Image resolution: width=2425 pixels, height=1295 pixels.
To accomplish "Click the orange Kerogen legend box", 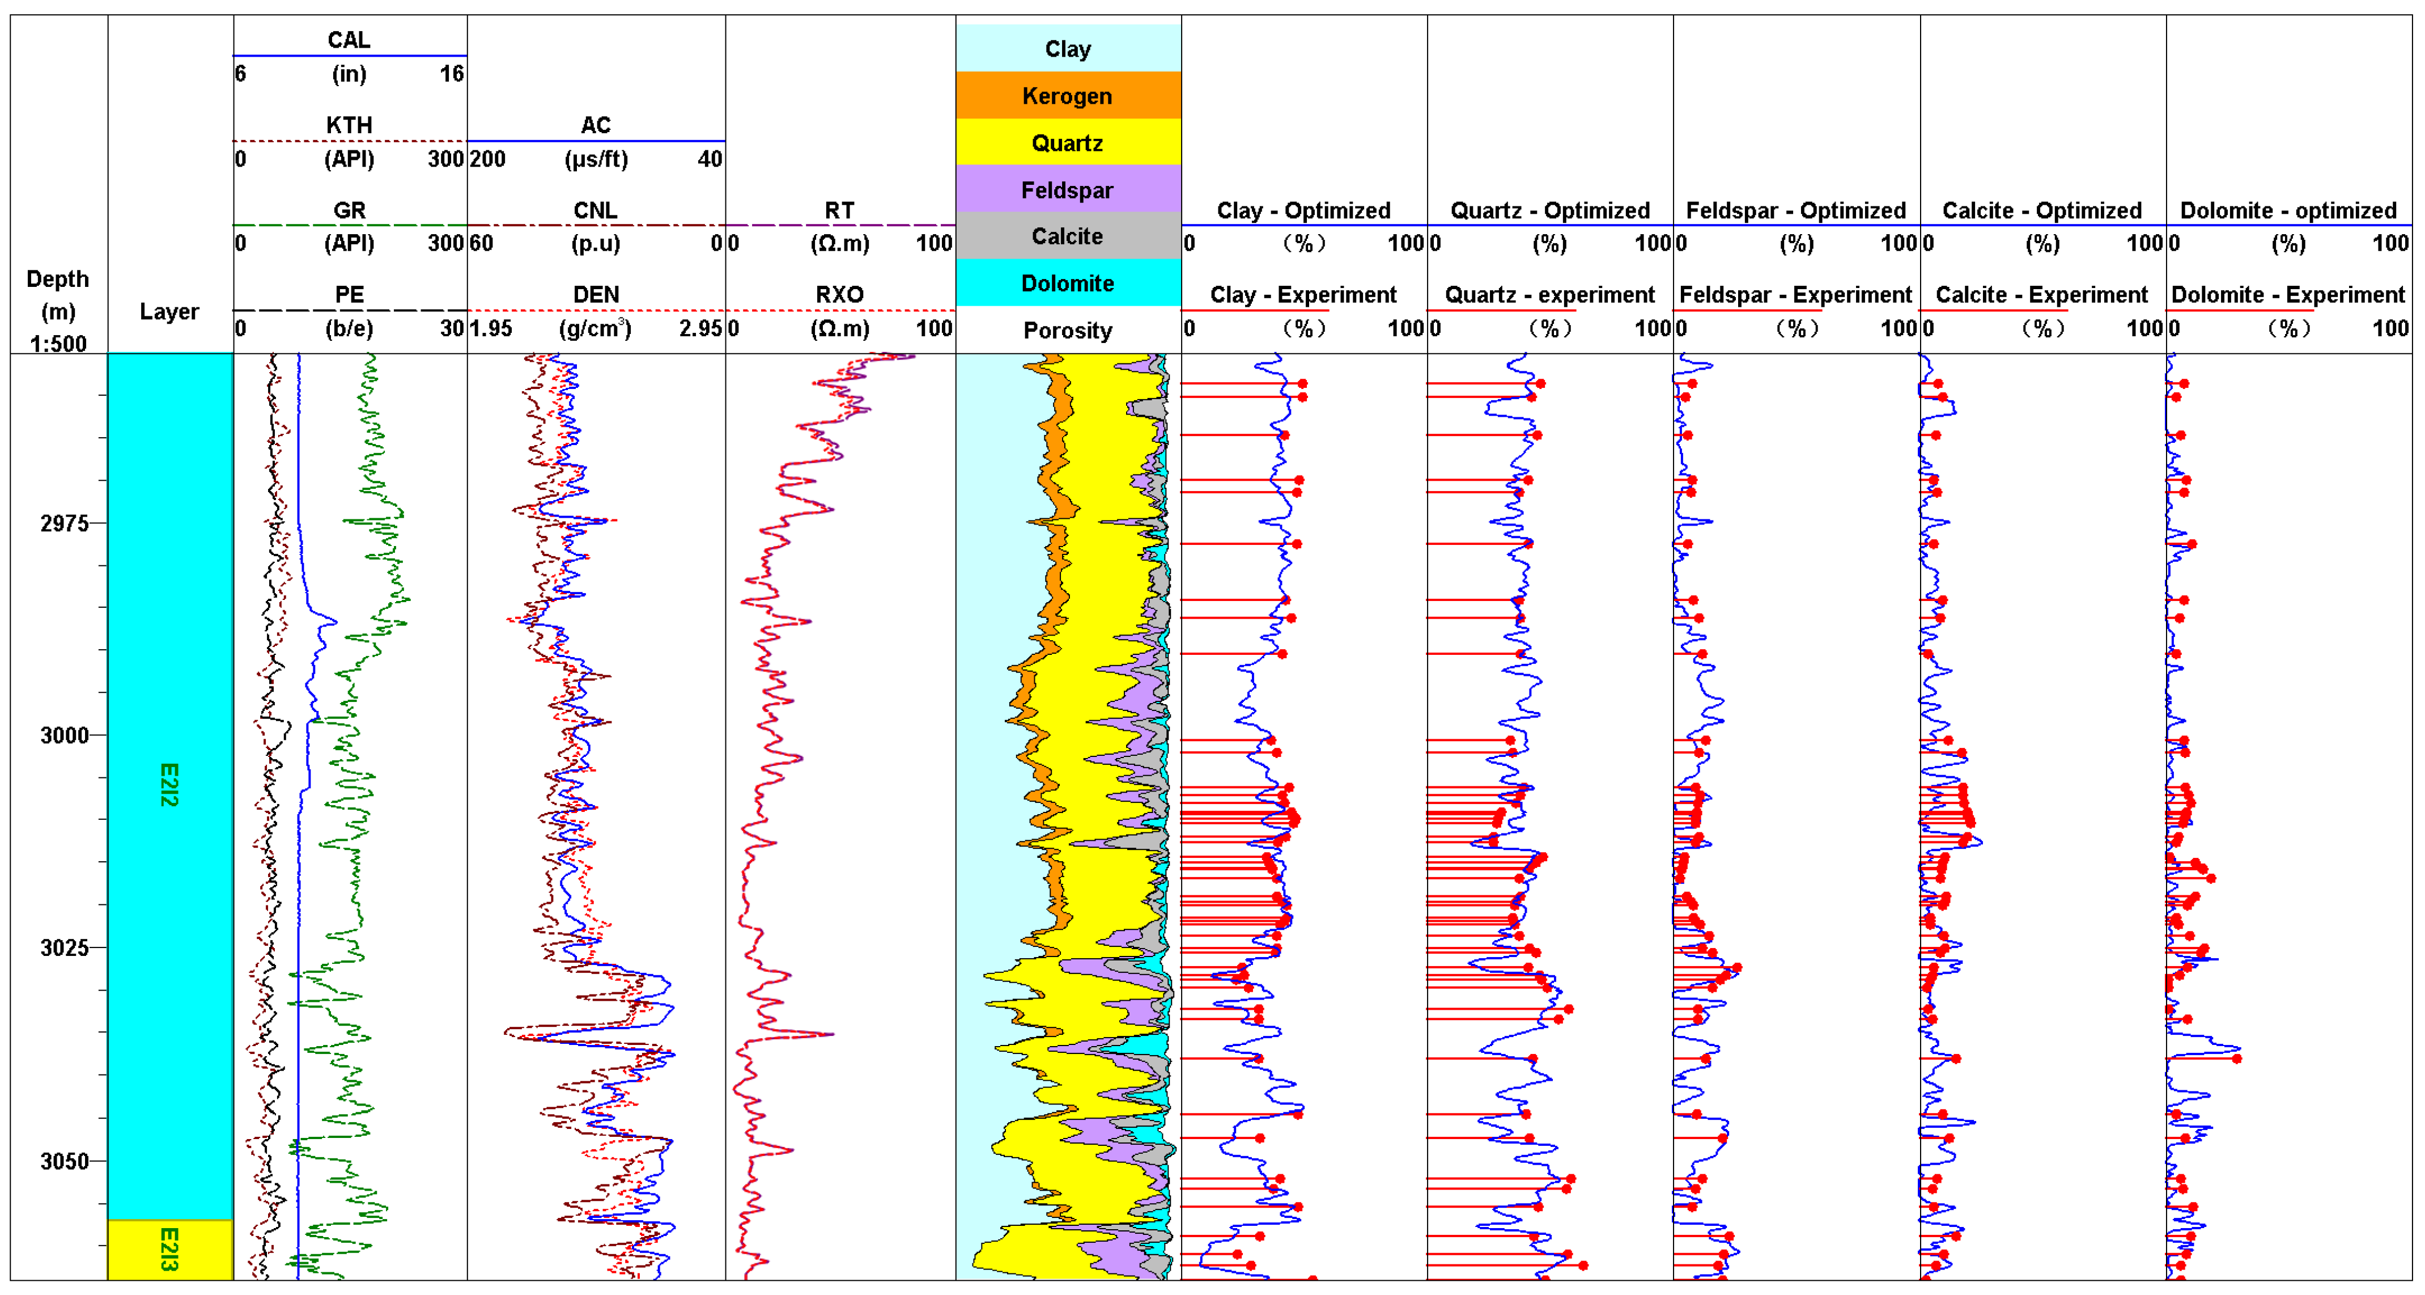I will [1068, 95].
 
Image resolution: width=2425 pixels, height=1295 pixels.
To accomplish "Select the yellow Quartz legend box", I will [1068, 142].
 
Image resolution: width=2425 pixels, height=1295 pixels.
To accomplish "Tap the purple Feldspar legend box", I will [1068, 189].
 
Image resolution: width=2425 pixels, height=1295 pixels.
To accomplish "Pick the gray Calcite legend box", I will [1068, 235].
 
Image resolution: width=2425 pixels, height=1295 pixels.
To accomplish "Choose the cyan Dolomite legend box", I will [1068, 282].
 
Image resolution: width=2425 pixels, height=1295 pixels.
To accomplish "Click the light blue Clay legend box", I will [1068, 48].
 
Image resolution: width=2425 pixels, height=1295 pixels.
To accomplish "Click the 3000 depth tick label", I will [64, 735].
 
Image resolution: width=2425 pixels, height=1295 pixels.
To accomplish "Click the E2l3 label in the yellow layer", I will [169, 1250].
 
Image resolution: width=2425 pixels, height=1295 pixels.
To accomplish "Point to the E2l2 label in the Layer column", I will [169, 785].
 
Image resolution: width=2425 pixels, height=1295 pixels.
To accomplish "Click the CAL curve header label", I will [349, 40].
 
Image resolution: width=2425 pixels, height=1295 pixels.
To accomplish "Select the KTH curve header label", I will [349, 124].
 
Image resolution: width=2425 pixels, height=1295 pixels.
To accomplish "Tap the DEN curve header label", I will [596, 295].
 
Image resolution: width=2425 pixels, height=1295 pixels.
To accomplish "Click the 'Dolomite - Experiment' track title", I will [2287, 295].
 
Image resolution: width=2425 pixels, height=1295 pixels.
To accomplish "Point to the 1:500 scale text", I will [58, 344].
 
